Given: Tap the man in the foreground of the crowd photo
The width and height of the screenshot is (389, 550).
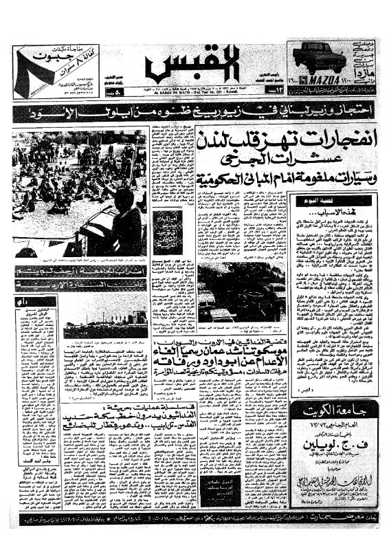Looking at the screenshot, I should [x=124, y=219].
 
